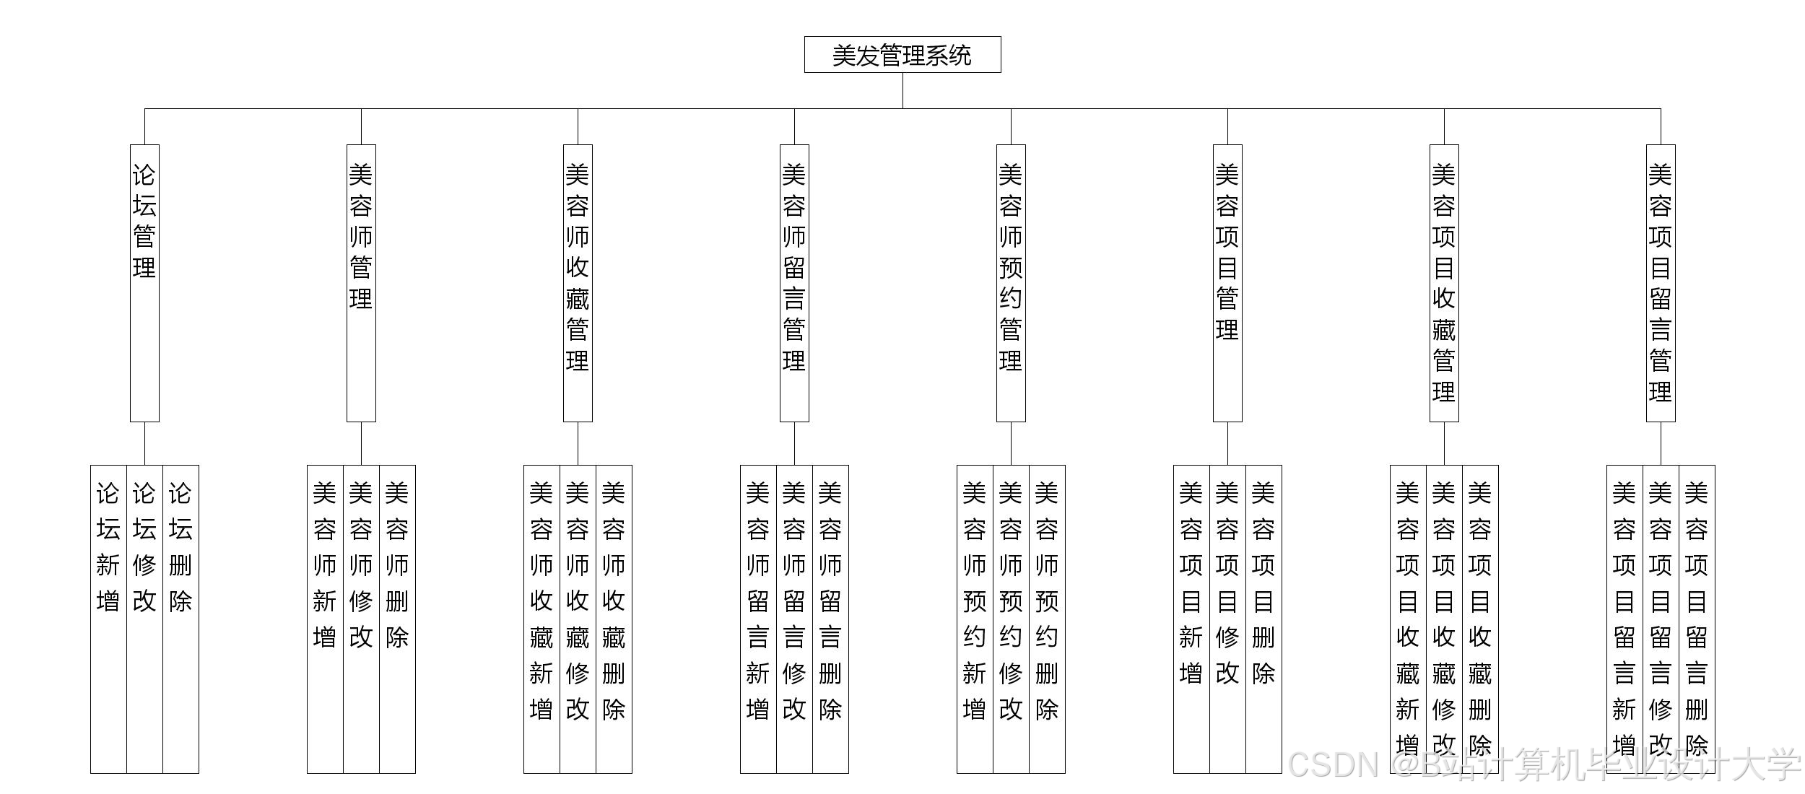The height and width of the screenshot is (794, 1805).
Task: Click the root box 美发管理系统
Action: (902, 55)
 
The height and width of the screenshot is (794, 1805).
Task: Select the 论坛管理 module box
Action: (144, 282)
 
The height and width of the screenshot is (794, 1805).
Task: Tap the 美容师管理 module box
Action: (361, 282)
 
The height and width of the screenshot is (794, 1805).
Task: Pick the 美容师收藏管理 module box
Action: (578, 282)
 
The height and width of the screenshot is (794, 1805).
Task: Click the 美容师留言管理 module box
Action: (794, 282)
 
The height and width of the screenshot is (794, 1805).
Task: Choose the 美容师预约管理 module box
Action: (1011, 282)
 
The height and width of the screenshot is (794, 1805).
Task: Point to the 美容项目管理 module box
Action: (1227, 282)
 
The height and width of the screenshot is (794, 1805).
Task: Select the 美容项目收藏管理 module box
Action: (1444, 282)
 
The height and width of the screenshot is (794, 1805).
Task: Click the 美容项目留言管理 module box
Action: (1661, 282)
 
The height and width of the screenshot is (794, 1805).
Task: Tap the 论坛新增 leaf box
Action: (108, 619)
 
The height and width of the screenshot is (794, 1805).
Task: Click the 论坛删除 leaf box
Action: (180, 619)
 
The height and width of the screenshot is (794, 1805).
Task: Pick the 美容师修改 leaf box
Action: (361, 619)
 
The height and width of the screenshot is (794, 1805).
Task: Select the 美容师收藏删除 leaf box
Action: (614, 619)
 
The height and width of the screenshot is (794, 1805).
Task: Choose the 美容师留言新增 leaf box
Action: (758, 619)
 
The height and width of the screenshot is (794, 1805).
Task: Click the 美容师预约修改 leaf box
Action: (1011, 619)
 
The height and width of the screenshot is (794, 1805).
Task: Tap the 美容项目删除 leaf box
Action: (1263, 619)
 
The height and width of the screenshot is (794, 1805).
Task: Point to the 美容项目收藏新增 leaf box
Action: (1408, 619)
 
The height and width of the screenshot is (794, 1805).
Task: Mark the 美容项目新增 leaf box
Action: (1191, 619)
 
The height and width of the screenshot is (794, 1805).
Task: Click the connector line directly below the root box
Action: (902, 90)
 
